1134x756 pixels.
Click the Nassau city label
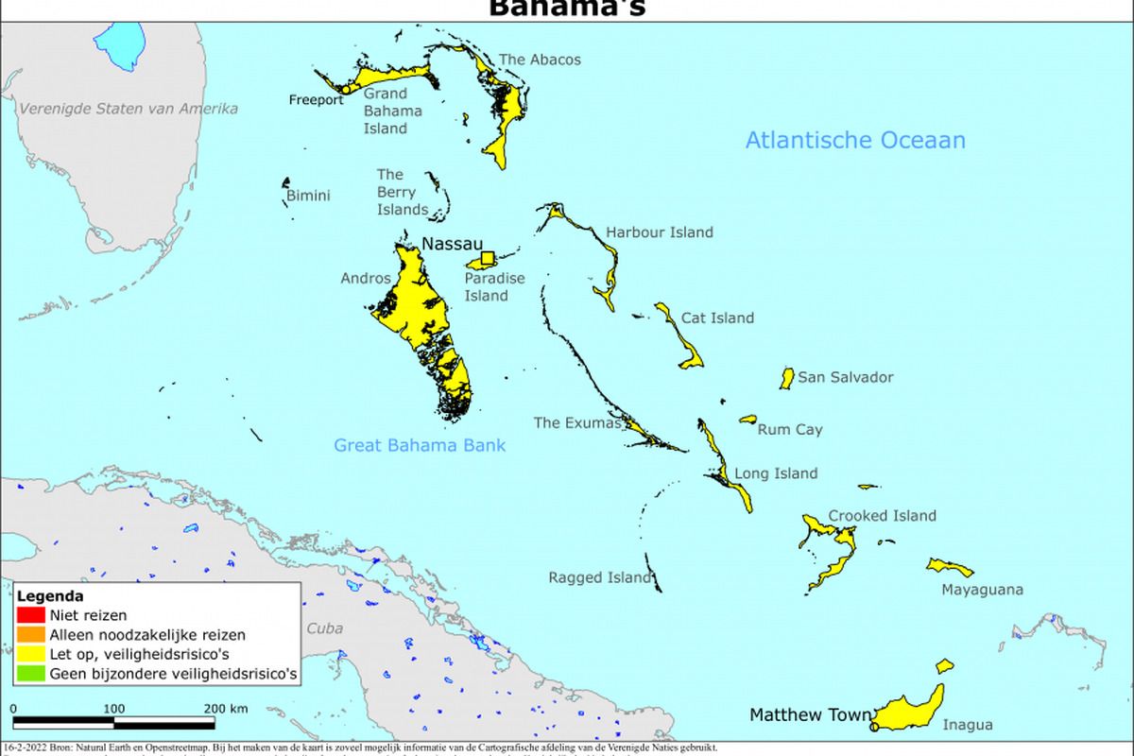click(x=452, y=244)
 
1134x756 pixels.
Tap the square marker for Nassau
click(x=488, y=258)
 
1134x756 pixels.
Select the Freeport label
click(x=317, y=100)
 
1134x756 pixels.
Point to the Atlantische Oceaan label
click(x=855, y=141)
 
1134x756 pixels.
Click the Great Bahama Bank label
click(x=420, y=445)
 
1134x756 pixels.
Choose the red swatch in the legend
click(x=25, y=616)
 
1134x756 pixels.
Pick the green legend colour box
click(x=25, y=674)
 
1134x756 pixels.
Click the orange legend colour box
click(x=25, y=635)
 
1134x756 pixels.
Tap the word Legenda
click(x=49, y=596)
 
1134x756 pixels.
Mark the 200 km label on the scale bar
click(x=225, y=708)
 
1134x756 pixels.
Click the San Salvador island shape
click(x=786, y=378)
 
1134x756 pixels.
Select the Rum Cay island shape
click(x=748, y=419)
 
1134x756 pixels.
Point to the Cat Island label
click(x=717, y=318)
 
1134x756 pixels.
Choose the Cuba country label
click(x=324, y=628)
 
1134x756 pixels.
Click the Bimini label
click(x=308, y=196)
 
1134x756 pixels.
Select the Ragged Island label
click(x=600, y=577)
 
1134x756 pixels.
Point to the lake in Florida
click(x=118, y=43)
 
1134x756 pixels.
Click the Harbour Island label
click(x=660, y=232)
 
